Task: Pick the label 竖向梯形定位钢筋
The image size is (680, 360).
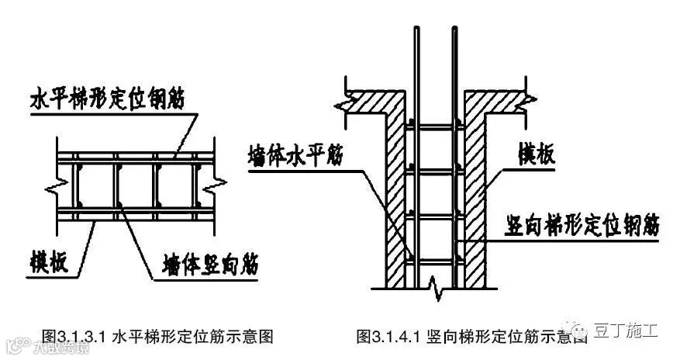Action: pos(577,226)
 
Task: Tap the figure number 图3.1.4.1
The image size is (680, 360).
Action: pos(388,337)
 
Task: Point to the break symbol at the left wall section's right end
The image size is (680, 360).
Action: pos(221,184)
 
